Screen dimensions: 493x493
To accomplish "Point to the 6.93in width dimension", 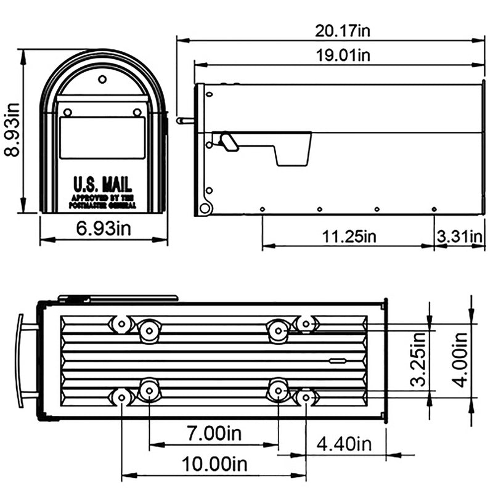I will pyautogui.click(x=104, y=229).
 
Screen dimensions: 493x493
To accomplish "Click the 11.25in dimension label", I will pyautogui.click(x=349, y=236).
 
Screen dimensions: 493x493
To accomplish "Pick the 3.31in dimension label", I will pyautogui.click(x=459, y=236).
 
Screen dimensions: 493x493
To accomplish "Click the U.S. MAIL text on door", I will pyautogui.click(x=102, y=184).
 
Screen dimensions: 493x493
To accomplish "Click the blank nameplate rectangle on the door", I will pyautogui.click(x=102, y=137).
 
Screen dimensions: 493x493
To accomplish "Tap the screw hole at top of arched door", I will pyautogui.click(x=102, y=79).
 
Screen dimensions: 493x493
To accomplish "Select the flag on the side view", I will pyautogui.click(x=277, y=147).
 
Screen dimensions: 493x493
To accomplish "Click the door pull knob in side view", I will pyautogui.click(x=182, y=121).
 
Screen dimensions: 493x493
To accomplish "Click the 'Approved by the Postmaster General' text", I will pyautogui.click(x=103, y=201).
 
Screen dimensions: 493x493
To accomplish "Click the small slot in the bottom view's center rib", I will pyautogui.click(x=337, y=361).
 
